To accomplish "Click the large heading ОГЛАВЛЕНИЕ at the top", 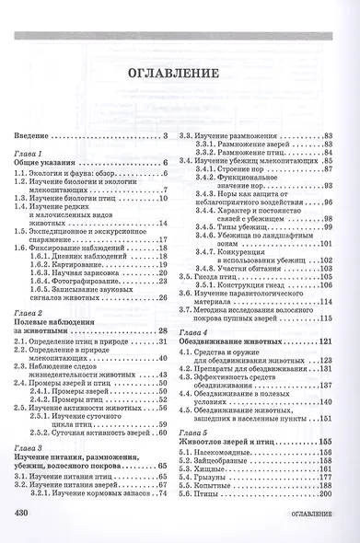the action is (180, 73).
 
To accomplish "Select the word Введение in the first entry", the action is (33, 137).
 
